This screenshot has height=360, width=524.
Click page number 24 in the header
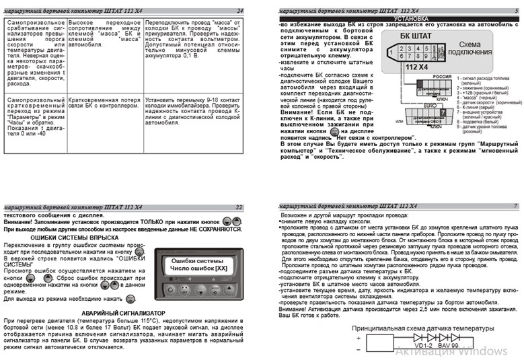(x=240, y=11)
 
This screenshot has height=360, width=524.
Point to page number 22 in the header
(x=239, y=207)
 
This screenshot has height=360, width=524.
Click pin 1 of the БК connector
(x=391, y=52)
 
